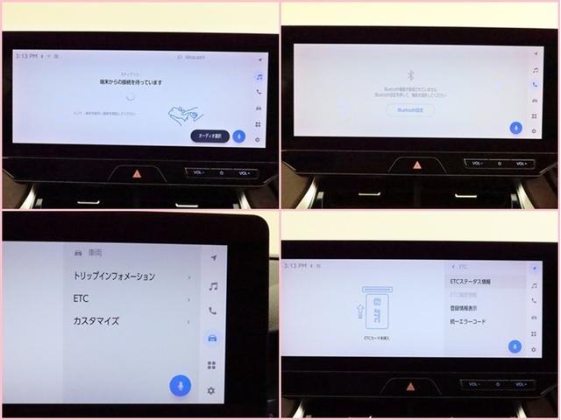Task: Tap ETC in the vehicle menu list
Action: (81, 298)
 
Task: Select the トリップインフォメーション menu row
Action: (114, 276)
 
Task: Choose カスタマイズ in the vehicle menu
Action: (96, 321)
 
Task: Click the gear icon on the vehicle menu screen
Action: (211, 390)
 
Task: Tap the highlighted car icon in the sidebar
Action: (211, 338)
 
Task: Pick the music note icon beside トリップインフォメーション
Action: (212, 285)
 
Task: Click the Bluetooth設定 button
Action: (409, 110)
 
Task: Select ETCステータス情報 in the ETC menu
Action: (470, 282)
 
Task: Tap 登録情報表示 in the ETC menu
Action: (465, 308)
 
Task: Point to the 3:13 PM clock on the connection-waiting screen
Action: (25, 55)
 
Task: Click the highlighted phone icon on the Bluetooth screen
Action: (535, 85)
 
